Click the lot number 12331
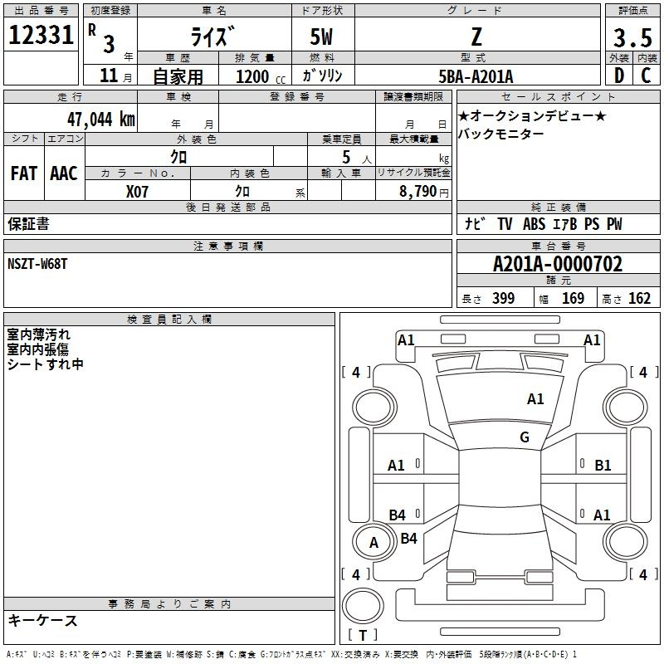point(41,35)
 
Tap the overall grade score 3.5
point(632,37)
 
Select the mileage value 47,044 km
point(101,119)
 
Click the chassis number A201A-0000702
point(558,264)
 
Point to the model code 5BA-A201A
point(476,76)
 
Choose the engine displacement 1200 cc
point(261,76)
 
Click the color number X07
point(137,192)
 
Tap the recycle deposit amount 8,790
point(418,191)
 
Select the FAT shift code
point(24,173)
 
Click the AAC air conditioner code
point(64,173)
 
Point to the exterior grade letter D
point(618,76)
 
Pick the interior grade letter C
point(646,76)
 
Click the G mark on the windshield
point(525,437)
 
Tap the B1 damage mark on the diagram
point(603,466)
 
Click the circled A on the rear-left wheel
point(373,543)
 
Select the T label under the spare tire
point(363,635)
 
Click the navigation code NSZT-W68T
point(37,264)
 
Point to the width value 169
point(573,298)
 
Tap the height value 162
point(639,298)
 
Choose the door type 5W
point(321,37)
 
